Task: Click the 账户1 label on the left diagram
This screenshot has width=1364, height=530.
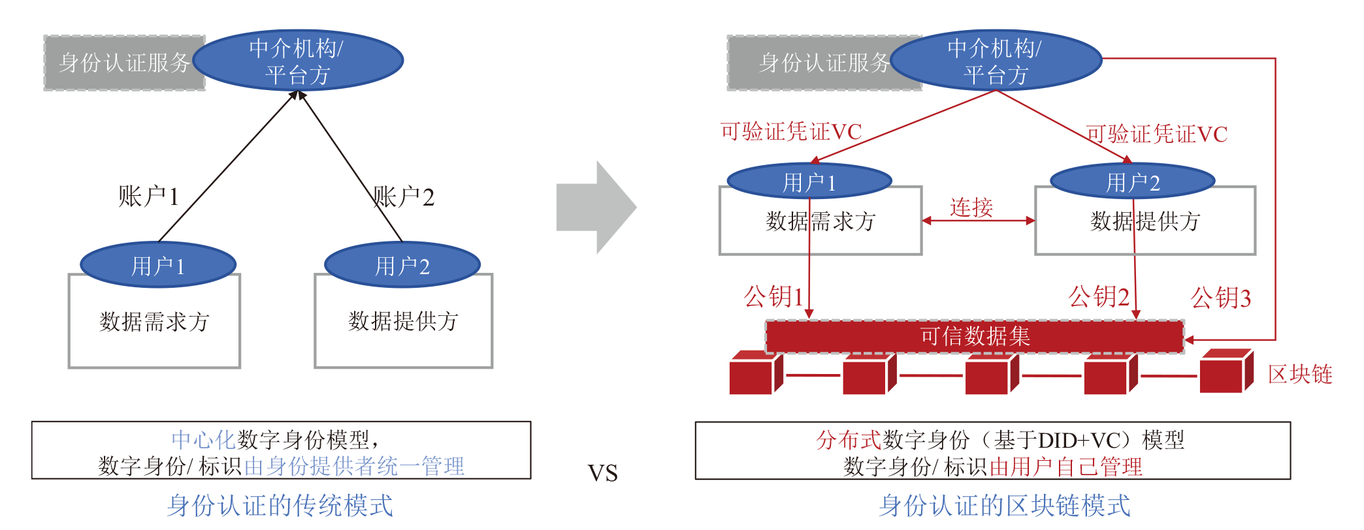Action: [148, 196]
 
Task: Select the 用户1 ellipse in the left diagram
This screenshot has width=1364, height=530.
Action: [157, 265]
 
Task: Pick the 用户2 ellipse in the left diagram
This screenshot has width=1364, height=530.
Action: [402, 265]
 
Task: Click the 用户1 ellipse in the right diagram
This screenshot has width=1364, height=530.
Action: [809, 181]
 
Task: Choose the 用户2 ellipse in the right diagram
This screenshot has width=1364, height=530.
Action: [1132, 181]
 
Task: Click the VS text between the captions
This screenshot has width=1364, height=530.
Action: [602, 473]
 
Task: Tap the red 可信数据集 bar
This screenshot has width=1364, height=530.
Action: [974, 337]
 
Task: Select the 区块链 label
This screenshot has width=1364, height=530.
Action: [1299, 375]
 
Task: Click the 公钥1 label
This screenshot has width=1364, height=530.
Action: [773, 297]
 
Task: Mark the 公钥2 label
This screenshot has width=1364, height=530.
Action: [1099, 297]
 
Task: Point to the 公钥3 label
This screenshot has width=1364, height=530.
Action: [1220, 298]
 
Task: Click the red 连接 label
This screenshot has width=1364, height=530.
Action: [971, 208]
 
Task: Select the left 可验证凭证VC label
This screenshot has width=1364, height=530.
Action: [790, 132]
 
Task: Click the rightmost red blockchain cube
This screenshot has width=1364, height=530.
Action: [1225, 372]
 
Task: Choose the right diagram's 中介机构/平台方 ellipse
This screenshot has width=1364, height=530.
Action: [995, 61]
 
